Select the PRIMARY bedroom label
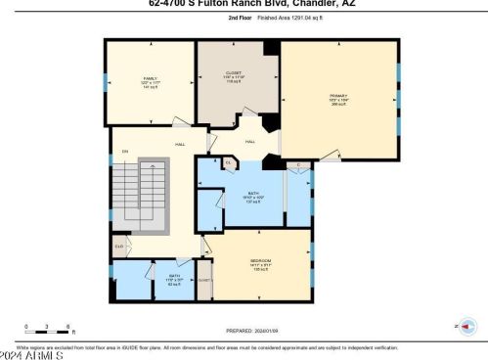(338, 96)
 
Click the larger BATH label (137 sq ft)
(251, 194)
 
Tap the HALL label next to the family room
(180, 145)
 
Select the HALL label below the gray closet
(249, 142)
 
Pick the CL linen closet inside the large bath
(228, 162)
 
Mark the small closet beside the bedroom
(204, 280)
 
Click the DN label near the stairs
(124, 152)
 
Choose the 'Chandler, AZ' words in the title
(313, 3)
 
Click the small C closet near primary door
(297, 165)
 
